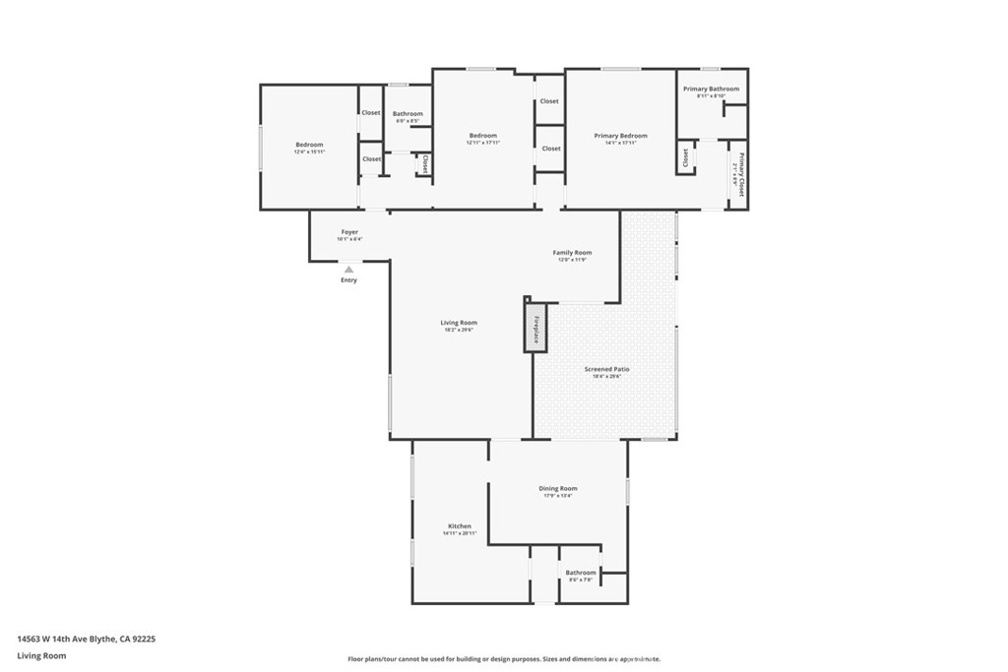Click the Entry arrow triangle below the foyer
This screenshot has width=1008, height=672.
point(348,269)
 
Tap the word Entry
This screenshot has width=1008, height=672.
point(348,280)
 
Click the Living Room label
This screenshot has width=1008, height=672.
point(459,323)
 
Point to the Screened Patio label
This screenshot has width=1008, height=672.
point(606,369)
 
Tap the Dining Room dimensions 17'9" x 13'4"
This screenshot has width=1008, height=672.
point(558,496)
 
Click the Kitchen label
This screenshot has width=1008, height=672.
point(460,526)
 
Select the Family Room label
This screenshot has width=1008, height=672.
point(572,253)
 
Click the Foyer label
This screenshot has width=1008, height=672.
point(349,232)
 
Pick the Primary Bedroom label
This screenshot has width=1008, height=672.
point(620,136)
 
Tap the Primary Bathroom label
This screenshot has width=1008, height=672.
point(711,89)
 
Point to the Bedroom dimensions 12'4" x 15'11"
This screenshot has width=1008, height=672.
point(308,153)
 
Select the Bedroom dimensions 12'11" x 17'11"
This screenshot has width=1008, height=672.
point(482,144)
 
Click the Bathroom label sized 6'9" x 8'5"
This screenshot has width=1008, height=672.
point(408,114)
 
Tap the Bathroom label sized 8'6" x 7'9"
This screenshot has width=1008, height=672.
point(580,573)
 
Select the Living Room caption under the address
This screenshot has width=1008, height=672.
point(41,655)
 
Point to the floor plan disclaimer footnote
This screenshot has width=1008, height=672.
point(503,659)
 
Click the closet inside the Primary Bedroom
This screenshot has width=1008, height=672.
point(684,158)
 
